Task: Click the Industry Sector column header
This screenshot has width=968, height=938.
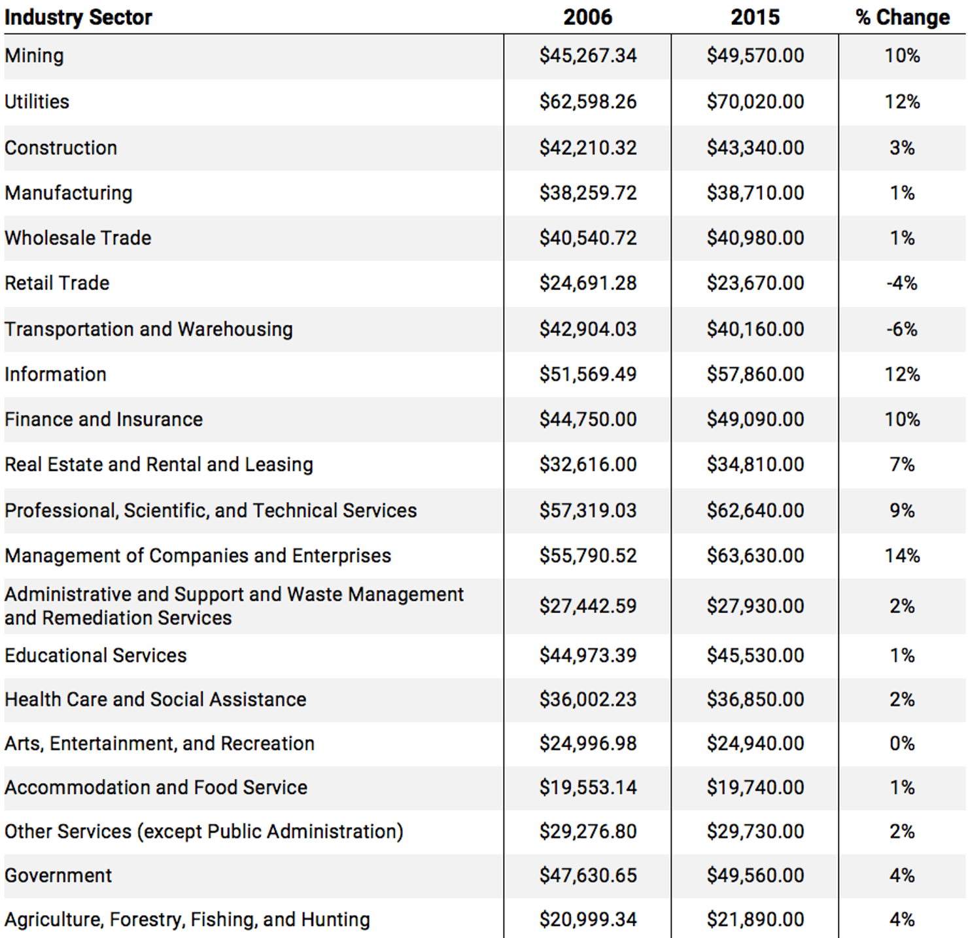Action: click(78, 17)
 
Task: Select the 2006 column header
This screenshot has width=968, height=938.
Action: click(587, 17)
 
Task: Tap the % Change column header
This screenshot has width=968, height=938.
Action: click(902, 17)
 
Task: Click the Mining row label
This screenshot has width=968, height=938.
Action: click(34, 56)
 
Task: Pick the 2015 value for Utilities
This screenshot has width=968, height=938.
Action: click(755, 102)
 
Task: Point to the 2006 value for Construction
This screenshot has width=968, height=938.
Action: click(587, 148)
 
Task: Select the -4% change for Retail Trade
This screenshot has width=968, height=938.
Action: click(902, 283)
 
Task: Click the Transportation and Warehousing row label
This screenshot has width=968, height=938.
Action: click(148, 329)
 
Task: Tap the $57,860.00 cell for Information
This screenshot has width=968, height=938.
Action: click(755, 374)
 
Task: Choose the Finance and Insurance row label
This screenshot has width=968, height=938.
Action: click(103, 419)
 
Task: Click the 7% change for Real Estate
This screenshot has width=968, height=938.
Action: click(902, 464)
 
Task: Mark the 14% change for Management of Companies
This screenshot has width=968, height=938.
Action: click(902, 555)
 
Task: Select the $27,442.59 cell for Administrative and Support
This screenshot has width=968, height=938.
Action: click(587, 606)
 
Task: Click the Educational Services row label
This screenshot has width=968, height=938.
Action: click(95, 655)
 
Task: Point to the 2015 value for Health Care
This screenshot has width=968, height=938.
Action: click(755, 699)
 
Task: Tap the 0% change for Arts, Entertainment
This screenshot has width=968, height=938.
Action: click(902, 743)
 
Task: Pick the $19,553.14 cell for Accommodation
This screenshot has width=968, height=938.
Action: click(587, 788)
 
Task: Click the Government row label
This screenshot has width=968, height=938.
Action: click(58, 875)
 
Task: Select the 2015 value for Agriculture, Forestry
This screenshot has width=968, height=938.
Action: click(755, 919)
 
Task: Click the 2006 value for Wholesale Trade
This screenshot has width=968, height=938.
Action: click(587, 238)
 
